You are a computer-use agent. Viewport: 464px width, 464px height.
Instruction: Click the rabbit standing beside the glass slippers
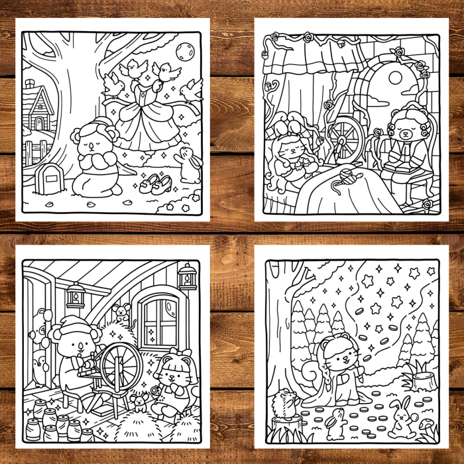click(x=188, y=166)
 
